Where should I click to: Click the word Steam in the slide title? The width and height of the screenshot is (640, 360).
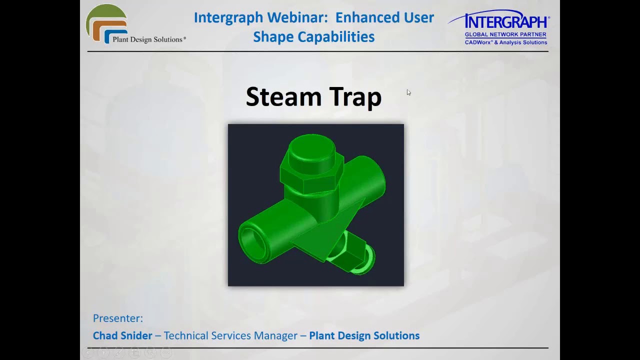[x=284, y=97]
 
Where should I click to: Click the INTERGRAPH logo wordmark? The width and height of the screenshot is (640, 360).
[x=506, y=22]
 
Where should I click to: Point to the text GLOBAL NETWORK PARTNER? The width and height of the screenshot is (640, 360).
[x=505, y=35]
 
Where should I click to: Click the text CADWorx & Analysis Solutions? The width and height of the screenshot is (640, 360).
[x=506, y=42]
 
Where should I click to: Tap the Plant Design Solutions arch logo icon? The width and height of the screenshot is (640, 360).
[x=106, y=23]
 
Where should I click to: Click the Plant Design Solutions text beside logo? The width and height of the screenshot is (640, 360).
[x=148, y=39]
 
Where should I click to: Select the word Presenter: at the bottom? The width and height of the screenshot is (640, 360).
[x=118, y=318]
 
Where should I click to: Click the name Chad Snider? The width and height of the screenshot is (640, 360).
[x=122, y=336]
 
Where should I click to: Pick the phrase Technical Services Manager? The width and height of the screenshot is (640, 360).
[x=230, y=336]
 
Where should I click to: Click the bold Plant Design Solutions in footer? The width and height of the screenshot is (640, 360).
[x=364, y=336]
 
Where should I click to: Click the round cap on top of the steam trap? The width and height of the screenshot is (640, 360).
[x=311, y=148]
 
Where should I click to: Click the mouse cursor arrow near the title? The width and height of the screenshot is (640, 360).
[x=408, y=92]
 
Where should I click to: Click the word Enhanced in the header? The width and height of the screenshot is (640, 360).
[x=384, y=17]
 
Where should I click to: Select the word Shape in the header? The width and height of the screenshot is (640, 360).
[x=273, y=37]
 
